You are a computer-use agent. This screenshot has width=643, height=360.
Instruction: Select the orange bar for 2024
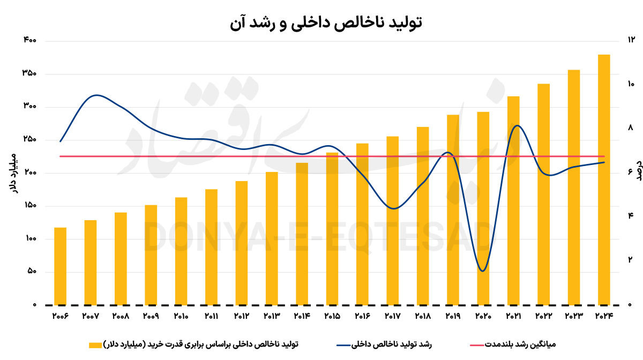point(604,179)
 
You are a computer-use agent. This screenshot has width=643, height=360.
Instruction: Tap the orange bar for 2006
point(61,266)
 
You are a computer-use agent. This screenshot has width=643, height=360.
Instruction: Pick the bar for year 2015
point(332,229)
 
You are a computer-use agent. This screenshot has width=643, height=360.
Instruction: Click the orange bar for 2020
point(483,208)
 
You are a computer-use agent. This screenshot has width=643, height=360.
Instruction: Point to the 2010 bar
point(181,251)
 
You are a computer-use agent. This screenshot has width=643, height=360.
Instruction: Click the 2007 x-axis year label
point(91,316)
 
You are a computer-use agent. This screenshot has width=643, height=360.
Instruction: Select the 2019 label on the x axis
point(453,316)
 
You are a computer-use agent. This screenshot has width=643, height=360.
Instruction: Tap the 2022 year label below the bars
point(543,316)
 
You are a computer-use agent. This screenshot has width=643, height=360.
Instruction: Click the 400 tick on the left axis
point(29,41)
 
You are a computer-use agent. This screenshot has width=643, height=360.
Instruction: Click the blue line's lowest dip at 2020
point(483,271)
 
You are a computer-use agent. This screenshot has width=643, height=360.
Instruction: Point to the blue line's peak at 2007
point(96,95)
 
